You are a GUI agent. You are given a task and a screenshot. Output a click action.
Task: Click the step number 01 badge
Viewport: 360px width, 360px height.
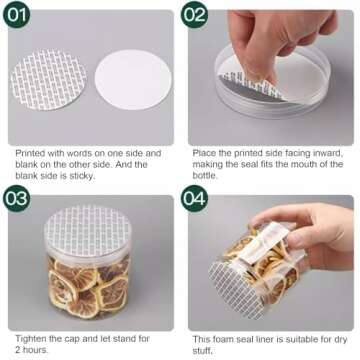click(x=16, y=14)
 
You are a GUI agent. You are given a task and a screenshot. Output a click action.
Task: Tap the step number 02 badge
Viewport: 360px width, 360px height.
click(x=194, y=14)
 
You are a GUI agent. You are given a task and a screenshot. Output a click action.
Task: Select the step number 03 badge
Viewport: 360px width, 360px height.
click(x=16, y=199)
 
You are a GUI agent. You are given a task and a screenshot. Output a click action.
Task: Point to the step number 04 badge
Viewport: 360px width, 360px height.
click(x=194, y=199)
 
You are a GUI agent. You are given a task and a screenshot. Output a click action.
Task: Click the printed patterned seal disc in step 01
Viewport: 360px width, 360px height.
click(x=49, y=79)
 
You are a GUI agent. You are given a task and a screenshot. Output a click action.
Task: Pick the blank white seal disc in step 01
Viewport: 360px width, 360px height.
click(x=133, y=80)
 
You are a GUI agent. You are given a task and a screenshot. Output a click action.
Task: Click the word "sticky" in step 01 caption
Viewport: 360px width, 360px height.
click(x=81, y=176)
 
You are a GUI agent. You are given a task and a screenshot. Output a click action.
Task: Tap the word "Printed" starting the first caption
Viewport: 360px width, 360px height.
click(x=30, y=153)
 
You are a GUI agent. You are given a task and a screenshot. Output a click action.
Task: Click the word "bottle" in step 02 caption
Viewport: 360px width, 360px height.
click(x=204, y=175)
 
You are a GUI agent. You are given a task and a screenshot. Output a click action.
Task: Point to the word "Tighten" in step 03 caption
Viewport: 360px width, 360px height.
click(x=31, y=339)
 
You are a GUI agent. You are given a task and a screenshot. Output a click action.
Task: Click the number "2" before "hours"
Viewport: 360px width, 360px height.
click(x=18, y=350)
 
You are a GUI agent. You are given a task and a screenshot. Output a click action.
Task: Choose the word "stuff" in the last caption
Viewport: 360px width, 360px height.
click(x=201, y=351)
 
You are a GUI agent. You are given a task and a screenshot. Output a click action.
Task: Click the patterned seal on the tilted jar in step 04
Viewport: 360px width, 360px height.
click(x=234, y=289)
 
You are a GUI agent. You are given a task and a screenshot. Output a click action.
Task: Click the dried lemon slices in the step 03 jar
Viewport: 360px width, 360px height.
click(x=88, y=287)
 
